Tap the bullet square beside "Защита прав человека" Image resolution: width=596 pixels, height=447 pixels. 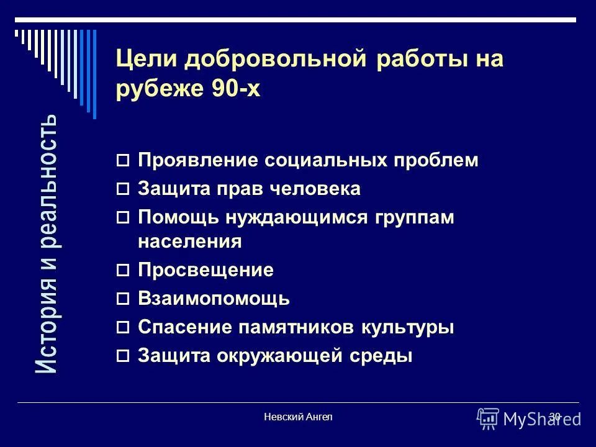click(123, 189)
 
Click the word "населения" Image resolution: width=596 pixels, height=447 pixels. click(189, 241)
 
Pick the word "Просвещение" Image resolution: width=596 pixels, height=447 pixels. click(205, 270)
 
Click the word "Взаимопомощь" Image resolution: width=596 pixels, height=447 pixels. click(214, 299)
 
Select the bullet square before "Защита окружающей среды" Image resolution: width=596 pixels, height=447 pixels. click(123, 356)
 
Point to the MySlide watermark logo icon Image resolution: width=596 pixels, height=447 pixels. click(488, 418)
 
